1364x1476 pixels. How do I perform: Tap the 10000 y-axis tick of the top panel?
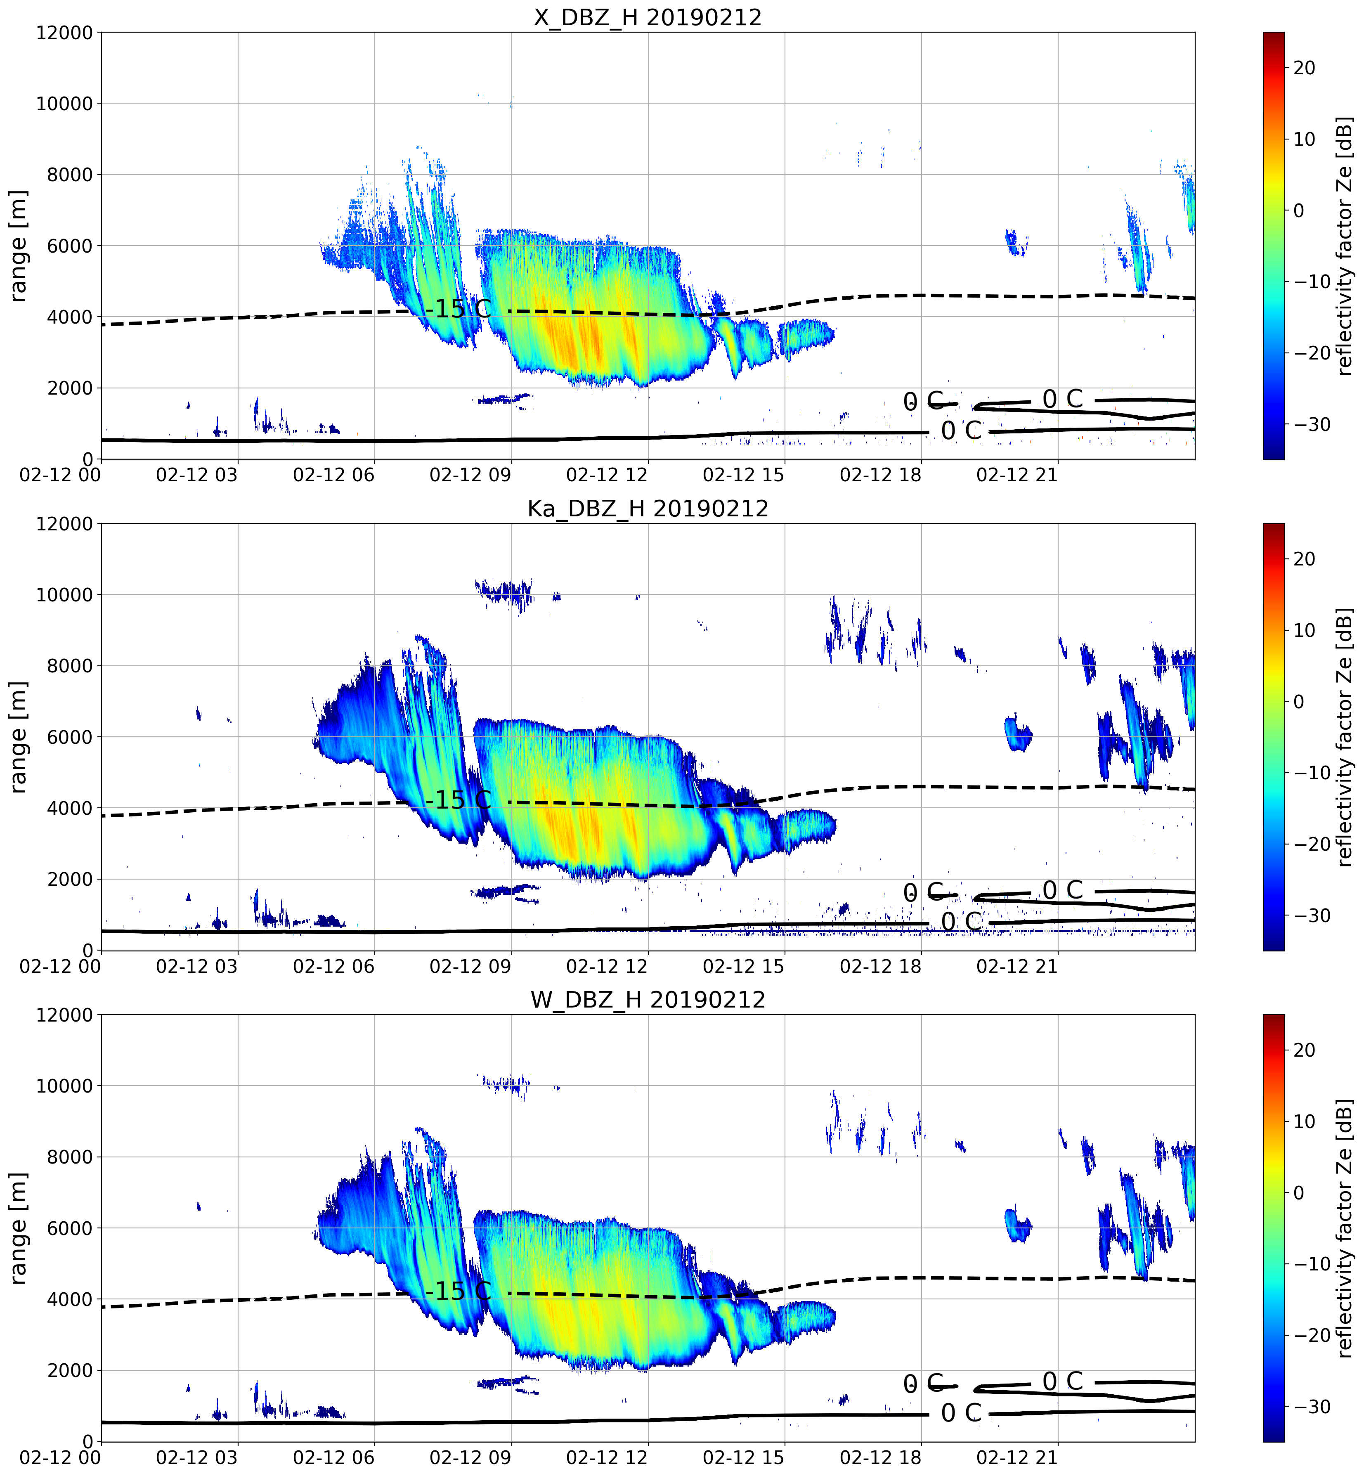click(x=65, y=104)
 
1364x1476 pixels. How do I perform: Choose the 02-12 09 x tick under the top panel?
click(x=470, y=475)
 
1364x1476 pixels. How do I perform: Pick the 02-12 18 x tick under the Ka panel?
click(x=881, y=967)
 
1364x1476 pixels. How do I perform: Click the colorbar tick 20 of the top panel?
click(x=1304, y=68)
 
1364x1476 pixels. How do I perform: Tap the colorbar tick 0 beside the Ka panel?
click(x=1299, y=702)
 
